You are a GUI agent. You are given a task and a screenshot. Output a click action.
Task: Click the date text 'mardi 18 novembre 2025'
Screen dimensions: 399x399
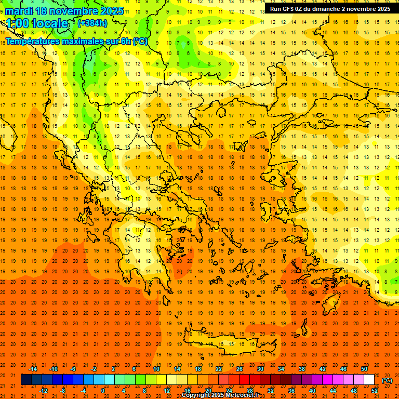(64, 11)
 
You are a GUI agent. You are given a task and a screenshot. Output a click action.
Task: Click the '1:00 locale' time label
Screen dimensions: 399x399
(37, 23)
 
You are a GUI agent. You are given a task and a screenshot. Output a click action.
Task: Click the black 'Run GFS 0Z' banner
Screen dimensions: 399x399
(330, 9)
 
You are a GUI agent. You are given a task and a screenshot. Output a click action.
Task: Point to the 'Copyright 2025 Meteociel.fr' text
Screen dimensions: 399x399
(220, 395)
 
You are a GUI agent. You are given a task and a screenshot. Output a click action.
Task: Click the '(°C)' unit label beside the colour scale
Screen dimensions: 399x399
(387, 380)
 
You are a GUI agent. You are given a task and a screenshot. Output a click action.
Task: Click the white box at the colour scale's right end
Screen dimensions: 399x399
(369, 380)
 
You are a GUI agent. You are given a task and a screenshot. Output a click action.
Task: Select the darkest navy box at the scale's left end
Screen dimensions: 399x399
(26, 380)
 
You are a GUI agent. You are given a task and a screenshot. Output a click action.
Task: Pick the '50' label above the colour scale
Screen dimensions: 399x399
(364, 369)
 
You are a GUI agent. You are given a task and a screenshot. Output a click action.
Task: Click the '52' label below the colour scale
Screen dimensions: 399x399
(375, 391)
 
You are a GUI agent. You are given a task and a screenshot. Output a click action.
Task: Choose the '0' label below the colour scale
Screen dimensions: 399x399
(103, 391)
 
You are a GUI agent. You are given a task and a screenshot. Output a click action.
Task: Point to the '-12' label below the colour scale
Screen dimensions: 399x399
(43, 391)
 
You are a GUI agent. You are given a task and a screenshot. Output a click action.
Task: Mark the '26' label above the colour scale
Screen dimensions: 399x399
(240, 369)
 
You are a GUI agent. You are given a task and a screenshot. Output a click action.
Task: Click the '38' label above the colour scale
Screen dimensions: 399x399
(302, 369)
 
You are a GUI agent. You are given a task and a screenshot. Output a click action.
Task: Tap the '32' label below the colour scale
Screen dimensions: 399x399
(271, 391)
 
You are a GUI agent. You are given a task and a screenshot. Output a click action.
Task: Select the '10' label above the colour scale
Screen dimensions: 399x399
(156, 369)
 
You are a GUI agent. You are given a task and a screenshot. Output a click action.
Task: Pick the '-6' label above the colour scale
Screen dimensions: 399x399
(73, 369)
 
